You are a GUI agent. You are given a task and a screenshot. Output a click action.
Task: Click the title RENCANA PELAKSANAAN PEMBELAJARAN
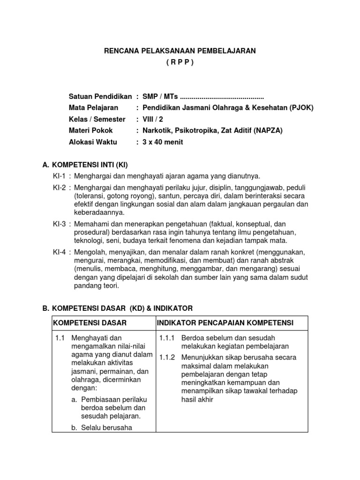[x=180, y=51]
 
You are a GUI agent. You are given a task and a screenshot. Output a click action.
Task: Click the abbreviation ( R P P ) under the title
[x=180, y=62]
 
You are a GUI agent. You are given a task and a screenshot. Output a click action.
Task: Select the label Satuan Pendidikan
[x=100, y=97]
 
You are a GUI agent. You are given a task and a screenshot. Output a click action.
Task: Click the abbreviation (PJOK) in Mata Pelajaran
[x=301, y=108]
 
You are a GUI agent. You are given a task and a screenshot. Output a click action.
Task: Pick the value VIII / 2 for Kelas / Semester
[x=150, y=119]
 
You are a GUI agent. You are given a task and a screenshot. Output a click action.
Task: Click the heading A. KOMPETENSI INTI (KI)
[x=85, y=165]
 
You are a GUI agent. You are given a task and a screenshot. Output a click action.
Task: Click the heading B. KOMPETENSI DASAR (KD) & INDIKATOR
[x=117, y=308]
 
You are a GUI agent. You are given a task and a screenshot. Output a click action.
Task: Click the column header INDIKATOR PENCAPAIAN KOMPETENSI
[x=225, y=323]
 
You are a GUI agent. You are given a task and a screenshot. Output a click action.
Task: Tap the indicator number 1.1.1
[x=167, y=338]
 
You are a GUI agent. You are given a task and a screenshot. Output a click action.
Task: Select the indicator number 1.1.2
[x=167, y=357]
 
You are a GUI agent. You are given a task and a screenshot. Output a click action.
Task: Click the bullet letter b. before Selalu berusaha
[x=75, y=427]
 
